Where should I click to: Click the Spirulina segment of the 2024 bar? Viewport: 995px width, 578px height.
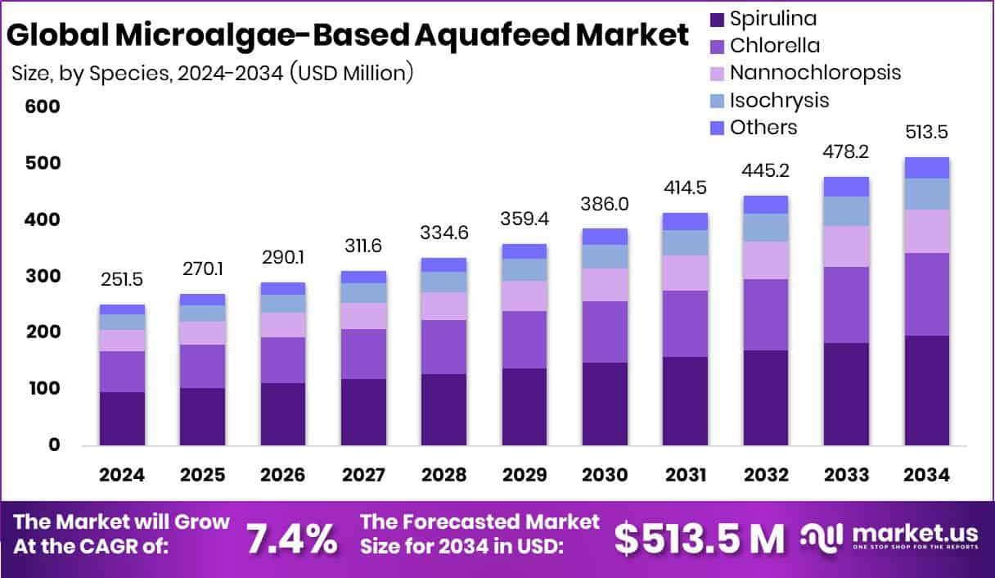122,418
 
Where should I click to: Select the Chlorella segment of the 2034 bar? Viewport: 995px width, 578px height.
927,294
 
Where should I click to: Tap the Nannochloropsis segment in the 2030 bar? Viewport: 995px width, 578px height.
605,284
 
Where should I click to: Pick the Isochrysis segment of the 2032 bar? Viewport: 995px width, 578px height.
766,228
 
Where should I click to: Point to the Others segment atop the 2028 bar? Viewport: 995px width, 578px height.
444,264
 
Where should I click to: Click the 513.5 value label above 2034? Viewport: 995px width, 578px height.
927,133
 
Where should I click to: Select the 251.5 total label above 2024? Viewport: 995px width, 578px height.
122,280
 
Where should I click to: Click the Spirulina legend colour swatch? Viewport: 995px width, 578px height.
718,19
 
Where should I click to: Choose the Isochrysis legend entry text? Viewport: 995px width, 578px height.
779,100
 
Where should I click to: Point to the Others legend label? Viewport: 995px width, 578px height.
763,127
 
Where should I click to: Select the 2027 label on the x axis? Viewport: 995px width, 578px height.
363,476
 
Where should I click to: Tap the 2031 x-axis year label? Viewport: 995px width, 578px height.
685,476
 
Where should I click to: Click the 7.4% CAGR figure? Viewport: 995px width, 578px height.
291,538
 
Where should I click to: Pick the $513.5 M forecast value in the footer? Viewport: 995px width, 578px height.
699,538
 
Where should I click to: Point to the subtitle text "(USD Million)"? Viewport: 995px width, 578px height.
350,73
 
